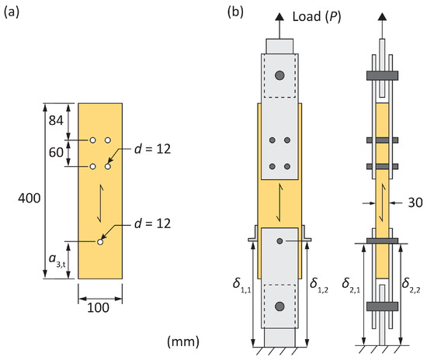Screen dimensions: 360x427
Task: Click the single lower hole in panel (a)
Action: click(x=100, y=242)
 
